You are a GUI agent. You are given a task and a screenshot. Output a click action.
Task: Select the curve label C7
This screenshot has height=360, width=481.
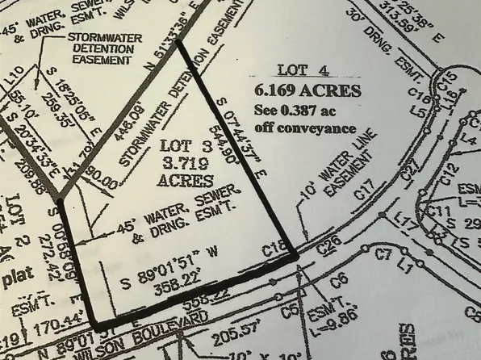(383, 255)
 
